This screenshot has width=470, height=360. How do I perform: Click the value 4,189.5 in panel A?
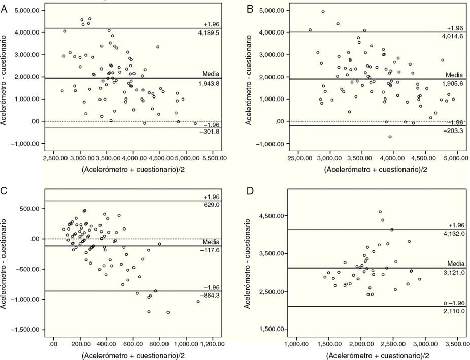212,33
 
